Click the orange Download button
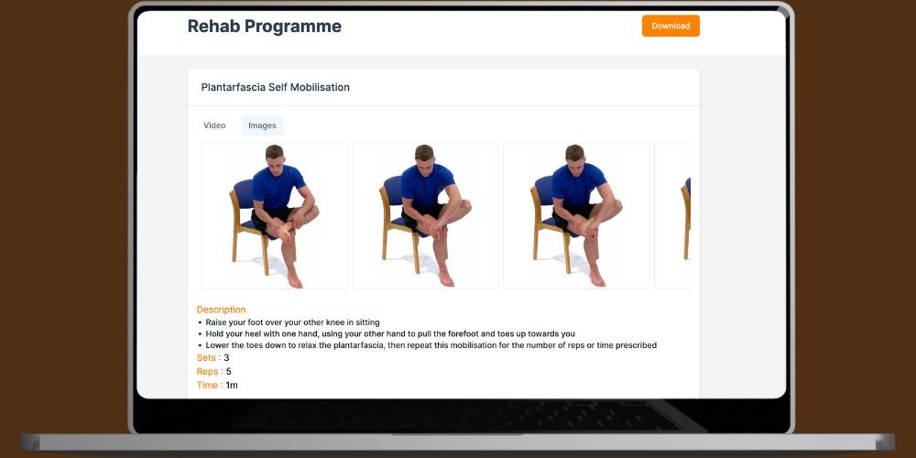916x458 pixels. click(x=671, y=26)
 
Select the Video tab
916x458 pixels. click(x=214, y=125)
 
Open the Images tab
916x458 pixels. click(x=262, y=125)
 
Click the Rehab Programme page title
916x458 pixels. click(x=265, y=27)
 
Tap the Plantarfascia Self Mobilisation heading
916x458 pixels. click(x=276, y=88)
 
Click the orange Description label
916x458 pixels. click(x=221, y=310)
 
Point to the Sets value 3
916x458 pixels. click(x=226, y=357)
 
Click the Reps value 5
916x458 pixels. click(x=228, y=372)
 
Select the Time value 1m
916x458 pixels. click(x=232, y=385)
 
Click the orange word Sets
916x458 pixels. click(x=206, y=357)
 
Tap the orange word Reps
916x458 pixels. click(x=207, y=372)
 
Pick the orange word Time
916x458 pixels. click(x=207, y=385)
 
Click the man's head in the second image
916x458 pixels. click(x=425, y=156)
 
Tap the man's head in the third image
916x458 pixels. click(x=575, y=156)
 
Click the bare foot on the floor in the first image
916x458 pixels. click(x=294, y=278)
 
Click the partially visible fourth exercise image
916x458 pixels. click(x=672, y=215)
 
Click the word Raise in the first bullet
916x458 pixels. click(x=217, y=322)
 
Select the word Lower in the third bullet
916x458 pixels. click(x=218, y=345)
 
